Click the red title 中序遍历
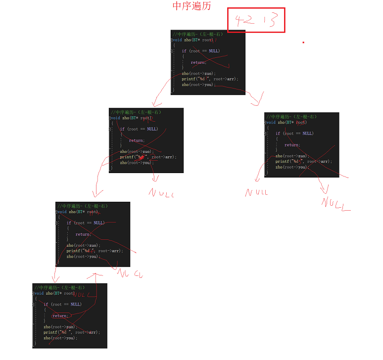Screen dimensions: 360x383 (191, 6)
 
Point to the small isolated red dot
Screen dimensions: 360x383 (303, 43)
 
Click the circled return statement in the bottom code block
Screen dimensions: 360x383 (60, 315)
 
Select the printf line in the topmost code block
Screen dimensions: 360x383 (209, 79)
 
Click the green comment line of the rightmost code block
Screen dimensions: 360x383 (292, 117)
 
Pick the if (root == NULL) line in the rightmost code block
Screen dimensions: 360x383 (294, 134)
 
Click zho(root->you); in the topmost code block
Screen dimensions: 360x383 (198, 85)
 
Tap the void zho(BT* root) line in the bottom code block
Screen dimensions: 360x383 (54, 293)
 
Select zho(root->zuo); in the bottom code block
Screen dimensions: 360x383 (60, 327)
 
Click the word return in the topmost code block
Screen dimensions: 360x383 (198, 62)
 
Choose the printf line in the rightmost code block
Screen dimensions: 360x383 (303, 162)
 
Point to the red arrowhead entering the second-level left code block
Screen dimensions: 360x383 (154, 105)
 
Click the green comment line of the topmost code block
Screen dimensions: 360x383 (197, 34)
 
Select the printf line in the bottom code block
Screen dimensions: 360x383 (71, 332)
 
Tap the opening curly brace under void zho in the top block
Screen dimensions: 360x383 (174, 45)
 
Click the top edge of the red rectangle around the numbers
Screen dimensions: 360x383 (256, 8)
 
